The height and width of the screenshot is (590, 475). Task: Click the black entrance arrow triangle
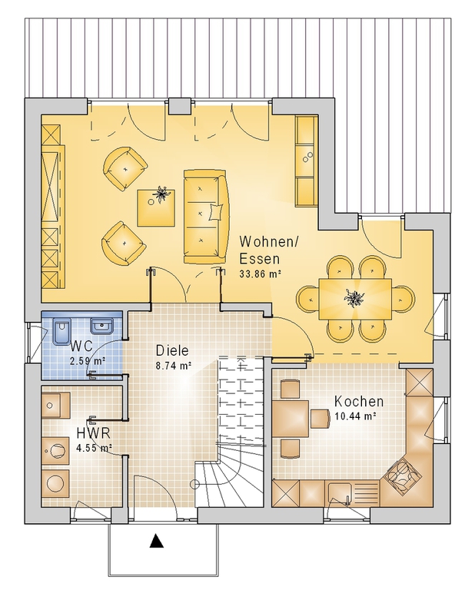[156, 541]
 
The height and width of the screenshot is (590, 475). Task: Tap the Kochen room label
[359, 402]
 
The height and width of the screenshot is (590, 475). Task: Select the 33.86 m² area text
[260, 273]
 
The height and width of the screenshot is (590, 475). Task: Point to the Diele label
[172, 350]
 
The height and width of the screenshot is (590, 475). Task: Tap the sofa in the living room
[205, 217]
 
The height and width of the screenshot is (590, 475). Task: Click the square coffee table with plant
[156, 207]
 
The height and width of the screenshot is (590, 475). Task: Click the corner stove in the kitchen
[400, 477]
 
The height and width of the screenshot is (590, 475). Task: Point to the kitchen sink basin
[340, 492]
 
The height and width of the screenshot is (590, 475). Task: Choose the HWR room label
[93, 433]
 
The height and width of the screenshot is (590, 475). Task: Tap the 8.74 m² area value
[174, 365]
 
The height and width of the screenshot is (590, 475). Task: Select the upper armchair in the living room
[125, 169]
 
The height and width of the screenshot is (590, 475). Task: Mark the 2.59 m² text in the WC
[88, 361]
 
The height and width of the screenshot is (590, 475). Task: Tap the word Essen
[260, 259]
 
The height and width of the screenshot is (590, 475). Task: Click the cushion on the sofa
[215, 212]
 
